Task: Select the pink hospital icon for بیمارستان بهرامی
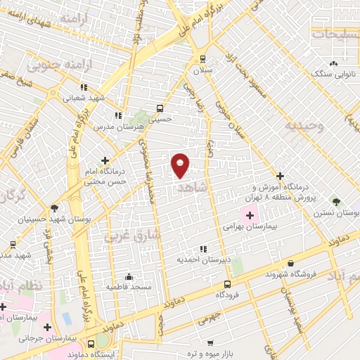(x=250, y=214)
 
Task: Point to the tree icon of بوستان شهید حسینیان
(x=54, y=207)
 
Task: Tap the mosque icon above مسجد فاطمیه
(x=128, y=276)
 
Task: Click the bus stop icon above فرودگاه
(x=227, y=284)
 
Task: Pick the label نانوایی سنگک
(x=331, y=72)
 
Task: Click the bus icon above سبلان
(x=203, y=59)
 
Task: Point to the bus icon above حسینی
(x=160, y=108)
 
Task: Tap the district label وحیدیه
(x=304, y=127)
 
